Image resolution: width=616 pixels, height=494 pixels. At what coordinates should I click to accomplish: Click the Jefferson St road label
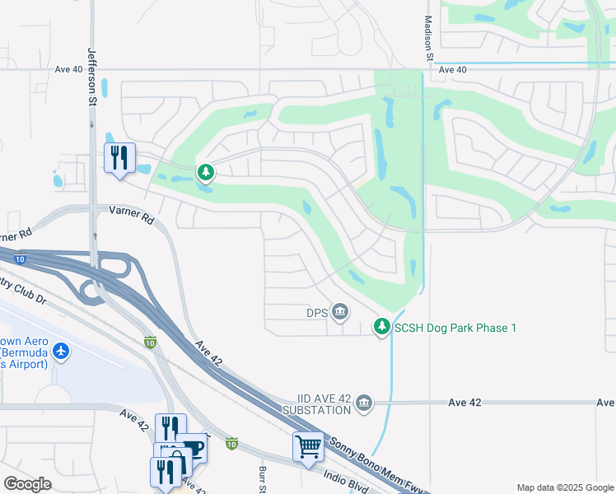point(92,77)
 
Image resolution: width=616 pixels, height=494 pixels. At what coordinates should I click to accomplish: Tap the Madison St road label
point(428,38)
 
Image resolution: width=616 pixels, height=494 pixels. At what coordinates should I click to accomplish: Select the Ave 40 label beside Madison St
point(452,70)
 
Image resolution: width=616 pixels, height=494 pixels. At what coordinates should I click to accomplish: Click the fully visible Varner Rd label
point(132,216)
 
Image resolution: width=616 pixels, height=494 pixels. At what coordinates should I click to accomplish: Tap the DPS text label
point(317,312)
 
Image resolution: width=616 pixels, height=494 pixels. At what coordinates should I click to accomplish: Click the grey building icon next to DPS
point(339,312)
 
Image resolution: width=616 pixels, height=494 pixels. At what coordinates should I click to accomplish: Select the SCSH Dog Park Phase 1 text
point(455,328)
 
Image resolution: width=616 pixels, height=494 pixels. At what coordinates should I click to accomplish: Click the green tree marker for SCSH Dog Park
point(381,327)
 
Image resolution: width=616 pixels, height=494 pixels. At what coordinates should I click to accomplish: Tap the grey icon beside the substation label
point(364,403)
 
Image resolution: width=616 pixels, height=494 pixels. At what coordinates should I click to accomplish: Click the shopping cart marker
point(308,446)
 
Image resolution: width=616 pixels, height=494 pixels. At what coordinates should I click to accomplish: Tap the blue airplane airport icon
point(61,352)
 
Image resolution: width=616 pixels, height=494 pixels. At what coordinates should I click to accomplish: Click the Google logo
point(27,483)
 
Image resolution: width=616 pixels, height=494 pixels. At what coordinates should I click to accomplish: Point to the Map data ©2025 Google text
point(564,487)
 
